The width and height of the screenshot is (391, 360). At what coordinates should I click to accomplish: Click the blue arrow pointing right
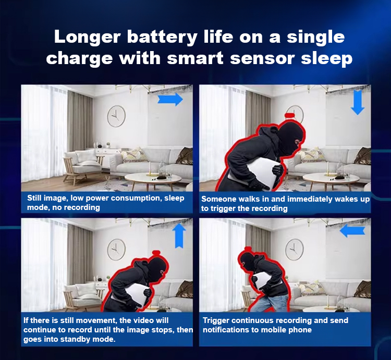coord(170,100)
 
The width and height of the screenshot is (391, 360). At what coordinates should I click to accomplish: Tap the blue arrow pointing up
coord(179,235)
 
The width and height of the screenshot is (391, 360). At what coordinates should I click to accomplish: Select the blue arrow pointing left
coord(352,231)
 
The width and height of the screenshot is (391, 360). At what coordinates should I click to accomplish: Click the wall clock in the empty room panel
coord(116,116)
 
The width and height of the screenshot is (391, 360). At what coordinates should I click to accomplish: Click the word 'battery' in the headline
coord(162,38)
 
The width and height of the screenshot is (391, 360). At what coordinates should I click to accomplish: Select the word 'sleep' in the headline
coord(326,59)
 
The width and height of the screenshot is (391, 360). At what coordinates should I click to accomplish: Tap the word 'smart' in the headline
coord(195,58)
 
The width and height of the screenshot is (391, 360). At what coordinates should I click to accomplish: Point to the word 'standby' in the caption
coord(76,339)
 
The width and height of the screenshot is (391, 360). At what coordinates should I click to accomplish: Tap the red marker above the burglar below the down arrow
coord(290,115)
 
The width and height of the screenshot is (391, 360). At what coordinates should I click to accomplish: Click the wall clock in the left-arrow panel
coord(295,250)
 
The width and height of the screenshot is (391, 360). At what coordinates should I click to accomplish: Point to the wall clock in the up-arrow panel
coord(116,250)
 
